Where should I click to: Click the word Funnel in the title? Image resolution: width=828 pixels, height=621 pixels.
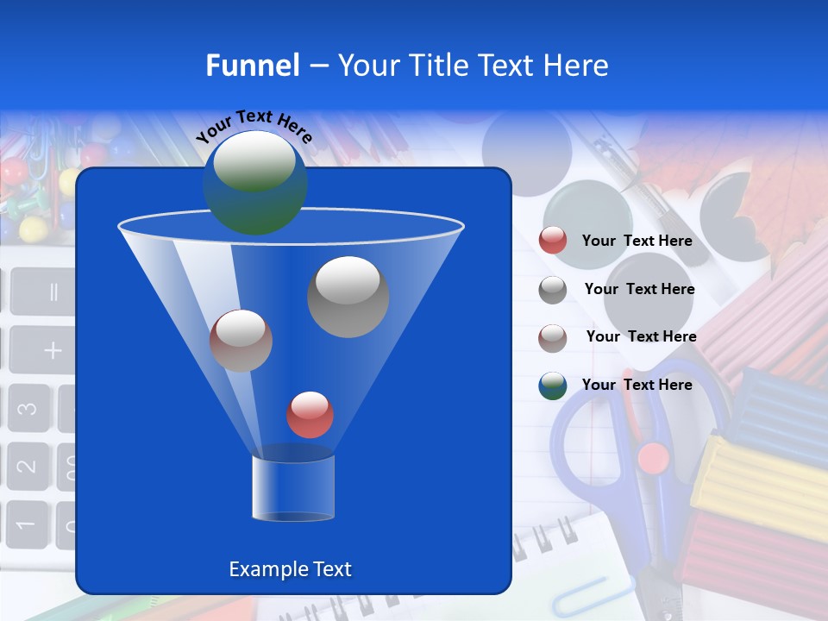click(252, 66)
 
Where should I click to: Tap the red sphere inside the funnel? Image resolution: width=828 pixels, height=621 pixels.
click(310, 415)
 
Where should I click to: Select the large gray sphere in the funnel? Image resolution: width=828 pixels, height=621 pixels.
click(348, 297)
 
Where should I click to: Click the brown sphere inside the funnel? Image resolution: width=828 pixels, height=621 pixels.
click(241, 340)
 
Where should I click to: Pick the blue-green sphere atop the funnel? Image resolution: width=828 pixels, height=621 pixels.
click(254, 182)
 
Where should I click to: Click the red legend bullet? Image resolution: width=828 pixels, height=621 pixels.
click(553, 241)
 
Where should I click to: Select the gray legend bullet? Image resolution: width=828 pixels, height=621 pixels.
click(553, 289)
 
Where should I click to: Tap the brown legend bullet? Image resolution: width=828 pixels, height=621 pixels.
click(553, 337)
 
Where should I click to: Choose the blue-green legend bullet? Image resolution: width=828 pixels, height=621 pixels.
click(553, 386)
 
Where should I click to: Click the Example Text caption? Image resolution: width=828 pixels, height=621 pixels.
click(290, 569)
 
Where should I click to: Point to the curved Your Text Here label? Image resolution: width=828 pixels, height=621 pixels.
click(254, 126)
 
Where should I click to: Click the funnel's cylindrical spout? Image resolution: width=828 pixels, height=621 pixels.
click(292, 488)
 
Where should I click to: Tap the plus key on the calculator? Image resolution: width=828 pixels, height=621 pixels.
click(53, 349)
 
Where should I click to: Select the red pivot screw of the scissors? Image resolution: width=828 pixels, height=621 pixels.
click(653, 457)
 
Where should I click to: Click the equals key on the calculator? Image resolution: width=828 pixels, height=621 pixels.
click(52, 292)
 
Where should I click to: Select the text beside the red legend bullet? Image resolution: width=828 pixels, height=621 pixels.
click(637, 241)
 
